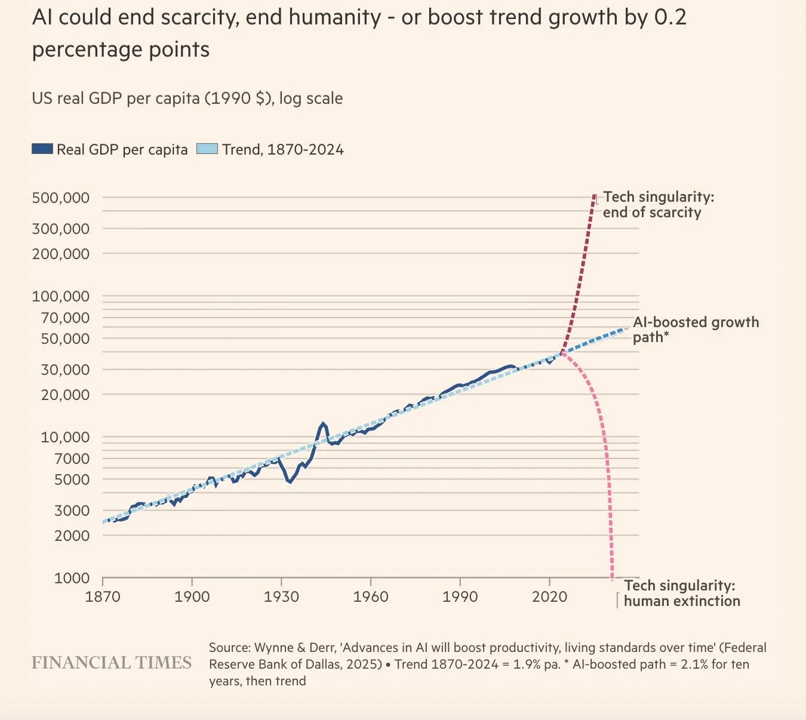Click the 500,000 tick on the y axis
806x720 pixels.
(61, 198)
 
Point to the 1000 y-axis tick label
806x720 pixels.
(72, 578)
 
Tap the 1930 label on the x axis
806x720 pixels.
(281, 596)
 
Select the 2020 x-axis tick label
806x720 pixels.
(549, 596)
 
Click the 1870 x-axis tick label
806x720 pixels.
(103, 596)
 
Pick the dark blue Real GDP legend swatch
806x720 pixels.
(42, 149)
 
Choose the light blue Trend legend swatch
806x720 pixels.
(207, 149)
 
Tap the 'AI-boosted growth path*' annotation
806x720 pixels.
(695, 330)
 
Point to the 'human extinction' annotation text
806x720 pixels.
(682, 601)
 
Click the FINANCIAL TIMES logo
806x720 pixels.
(112, 663)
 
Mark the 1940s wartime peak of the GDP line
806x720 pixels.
(323, 424)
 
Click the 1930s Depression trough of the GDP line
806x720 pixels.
(290, 481)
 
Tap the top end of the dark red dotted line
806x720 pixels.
(594, 196)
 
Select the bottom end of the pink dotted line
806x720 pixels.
(612, 578)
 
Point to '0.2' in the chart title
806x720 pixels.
(670, 17)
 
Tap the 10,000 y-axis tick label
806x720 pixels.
(65, 437)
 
